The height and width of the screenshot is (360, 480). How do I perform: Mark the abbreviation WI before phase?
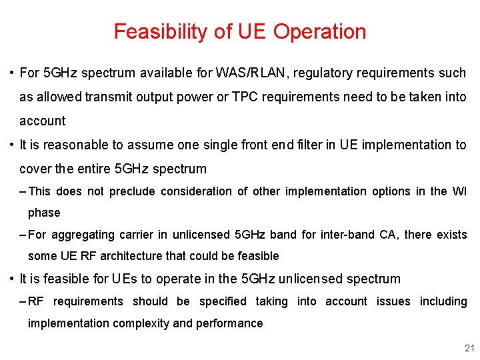click(x=459, y=191)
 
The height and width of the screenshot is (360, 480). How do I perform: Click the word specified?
click(x=223, y=301)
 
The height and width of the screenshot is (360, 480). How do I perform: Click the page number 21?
click(x=469, y=349)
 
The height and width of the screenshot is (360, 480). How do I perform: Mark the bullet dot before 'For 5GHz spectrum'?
click(x=13, y=73)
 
